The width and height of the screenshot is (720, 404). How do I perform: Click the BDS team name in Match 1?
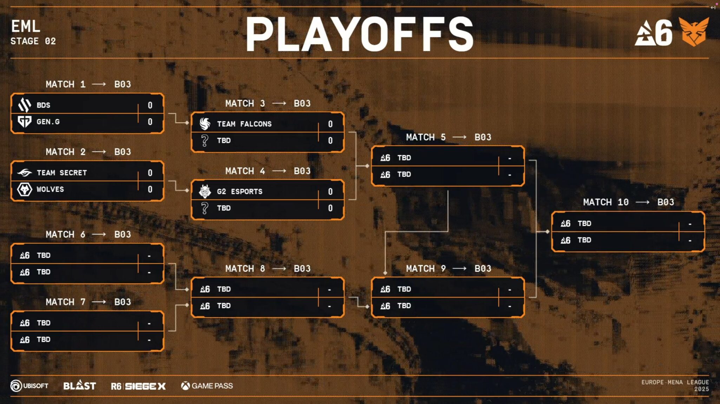44,105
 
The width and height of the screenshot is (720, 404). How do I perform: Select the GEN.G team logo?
25,122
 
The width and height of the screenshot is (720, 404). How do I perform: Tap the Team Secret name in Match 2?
62,173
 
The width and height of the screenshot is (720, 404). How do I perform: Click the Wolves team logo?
25,190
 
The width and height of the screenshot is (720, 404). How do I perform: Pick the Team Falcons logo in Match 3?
205,124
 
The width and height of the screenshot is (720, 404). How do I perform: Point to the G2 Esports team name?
240,191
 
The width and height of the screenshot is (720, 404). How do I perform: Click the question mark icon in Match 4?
204,208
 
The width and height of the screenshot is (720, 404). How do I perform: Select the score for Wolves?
150,190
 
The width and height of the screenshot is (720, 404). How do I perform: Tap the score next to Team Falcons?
330,124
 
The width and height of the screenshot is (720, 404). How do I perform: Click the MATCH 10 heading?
606,202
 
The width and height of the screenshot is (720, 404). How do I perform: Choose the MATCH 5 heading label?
426,137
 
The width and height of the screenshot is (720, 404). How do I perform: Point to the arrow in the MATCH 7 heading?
99,302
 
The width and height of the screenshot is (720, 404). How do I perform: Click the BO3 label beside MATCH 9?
483,269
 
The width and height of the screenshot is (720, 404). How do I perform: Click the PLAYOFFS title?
360,34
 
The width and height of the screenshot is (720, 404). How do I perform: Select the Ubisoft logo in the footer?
30,386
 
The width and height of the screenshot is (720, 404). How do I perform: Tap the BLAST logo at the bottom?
79,385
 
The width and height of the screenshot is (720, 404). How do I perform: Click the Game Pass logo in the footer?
207,386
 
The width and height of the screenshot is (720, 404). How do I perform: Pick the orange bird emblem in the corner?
694,32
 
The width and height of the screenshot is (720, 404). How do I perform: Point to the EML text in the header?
26,26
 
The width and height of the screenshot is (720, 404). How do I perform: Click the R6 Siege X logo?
138,386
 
